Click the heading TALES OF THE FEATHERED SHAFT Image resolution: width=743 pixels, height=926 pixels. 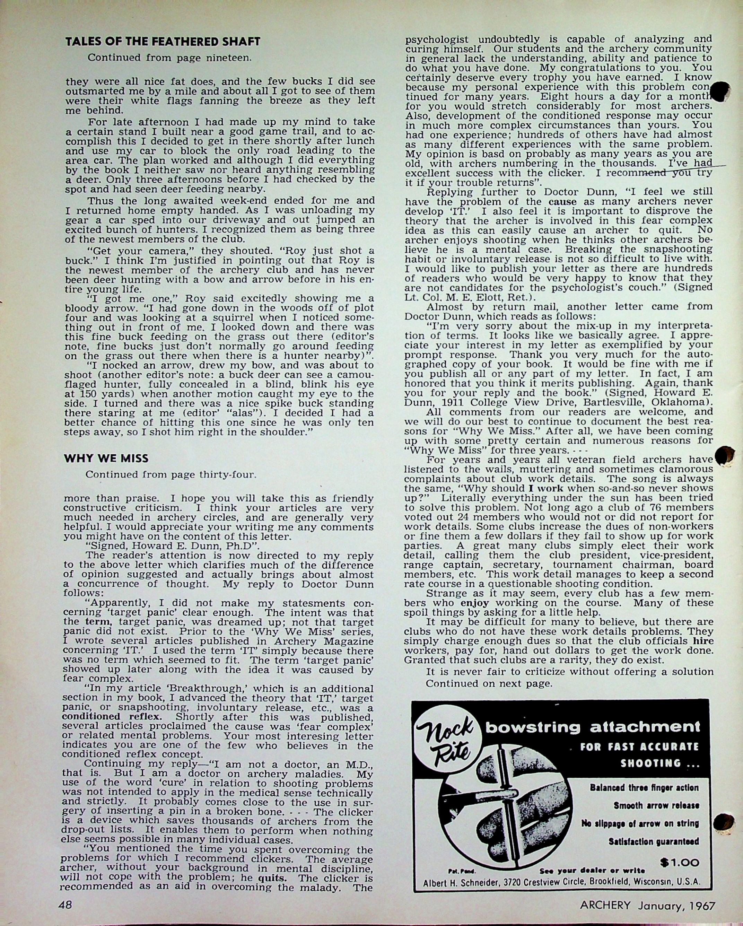tap(163, 42)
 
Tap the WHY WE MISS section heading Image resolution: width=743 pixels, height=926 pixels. tap(106, 458)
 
